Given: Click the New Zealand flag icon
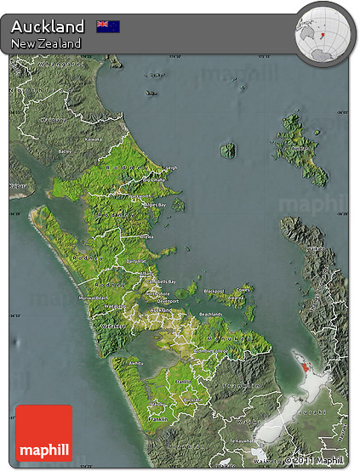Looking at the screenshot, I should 108,26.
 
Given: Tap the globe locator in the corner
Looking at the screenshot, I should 321,31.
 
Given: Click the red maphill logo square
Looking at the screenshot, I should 43,433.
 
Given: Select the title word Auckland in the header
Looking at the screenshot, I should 48,26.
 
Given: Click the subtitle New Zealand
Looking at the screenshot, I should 47,43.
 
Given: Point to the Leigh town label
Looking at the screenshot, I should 169,167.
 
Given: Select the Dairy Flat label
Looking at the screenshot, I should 136,261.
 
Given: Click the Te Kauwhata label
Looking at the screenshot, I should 241,441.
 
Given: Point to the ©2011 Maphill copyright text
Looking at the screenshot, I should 316,461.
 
